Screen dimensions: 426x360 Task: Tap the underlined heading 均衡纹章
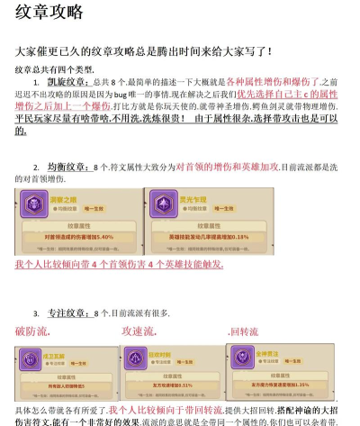pyautogui.click(x=67, y=168)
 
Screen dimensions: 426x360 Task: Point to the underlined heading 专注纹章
pyautogui.click(x=67, y=313)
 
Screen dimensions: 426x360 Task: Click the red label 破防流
pyautogui.click(x=31, y=331)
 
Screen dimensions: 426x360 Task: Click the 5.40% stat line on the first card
pyautogui.click(x=76, y=236)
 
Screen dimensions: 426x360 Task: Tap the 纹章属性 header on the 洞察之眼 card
pyautogui.click(x=76, y=223)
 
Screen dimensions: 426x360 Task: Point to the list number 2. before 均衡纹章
pyautogui.click(x=36, y=168)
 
